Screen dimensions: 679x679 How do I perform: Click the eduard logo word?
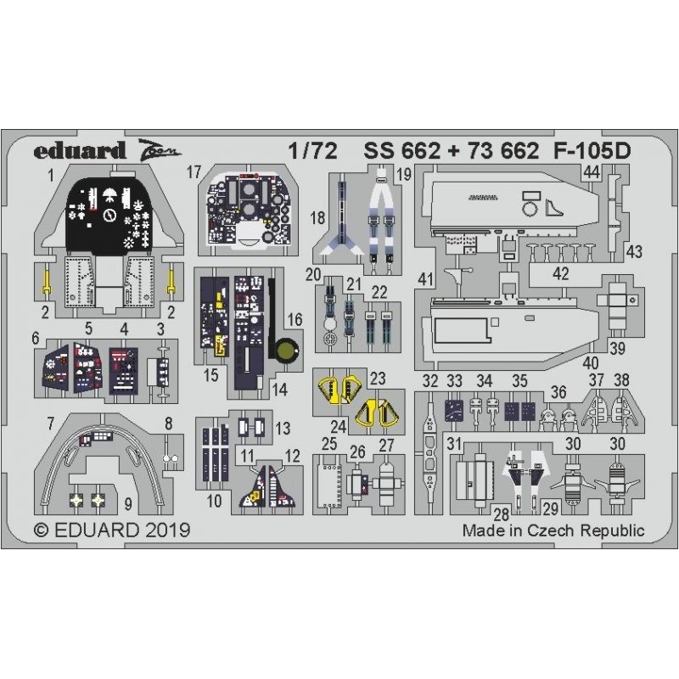pyautogui.click(x=80, y=151)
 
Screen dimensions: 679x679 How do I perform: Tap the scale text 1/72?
pyautogui.click(x=312, y=151)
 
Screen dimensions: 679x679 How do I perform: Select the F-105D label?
pyautogui.click(x=592, y=151)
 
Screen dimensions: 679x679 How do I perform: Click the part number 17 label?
pyautogui.click(x=194, y=172)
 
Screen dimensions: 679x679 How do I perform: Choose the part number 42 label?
pyautogui.click(x=560, y=273)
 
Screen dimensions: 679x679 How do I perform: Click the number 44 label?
pyautogui.click(x=592, y=172)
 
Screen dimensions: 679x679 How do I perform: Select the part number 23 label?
pyautogui.click(x=378, y=379)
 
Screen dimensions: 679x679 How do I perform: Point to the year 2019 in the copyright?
pyautogui.click(x=168, y=530)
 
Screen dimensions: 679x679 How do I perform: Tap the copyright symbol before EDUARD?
pyautogui.click(x=41, y=530)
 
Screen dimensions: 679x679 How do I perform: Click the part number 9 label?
pyautogui.click(x=128, y=504)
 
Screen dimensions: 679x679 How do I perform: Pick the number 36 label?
pyautogui.click(x=558, y=392)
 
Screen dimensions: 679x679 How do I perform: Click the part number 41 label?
pyautogui.click(x=426, y=279)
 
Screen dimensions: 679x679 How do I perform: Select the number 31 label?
pyautogui.click(x=454, y=443)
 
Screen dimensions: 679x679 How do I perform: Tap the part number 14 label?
pyautogui.click(x=280, y=390)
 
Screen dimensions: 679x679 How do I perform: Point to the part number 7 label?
pyautogui.click(x=51, y=423)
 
